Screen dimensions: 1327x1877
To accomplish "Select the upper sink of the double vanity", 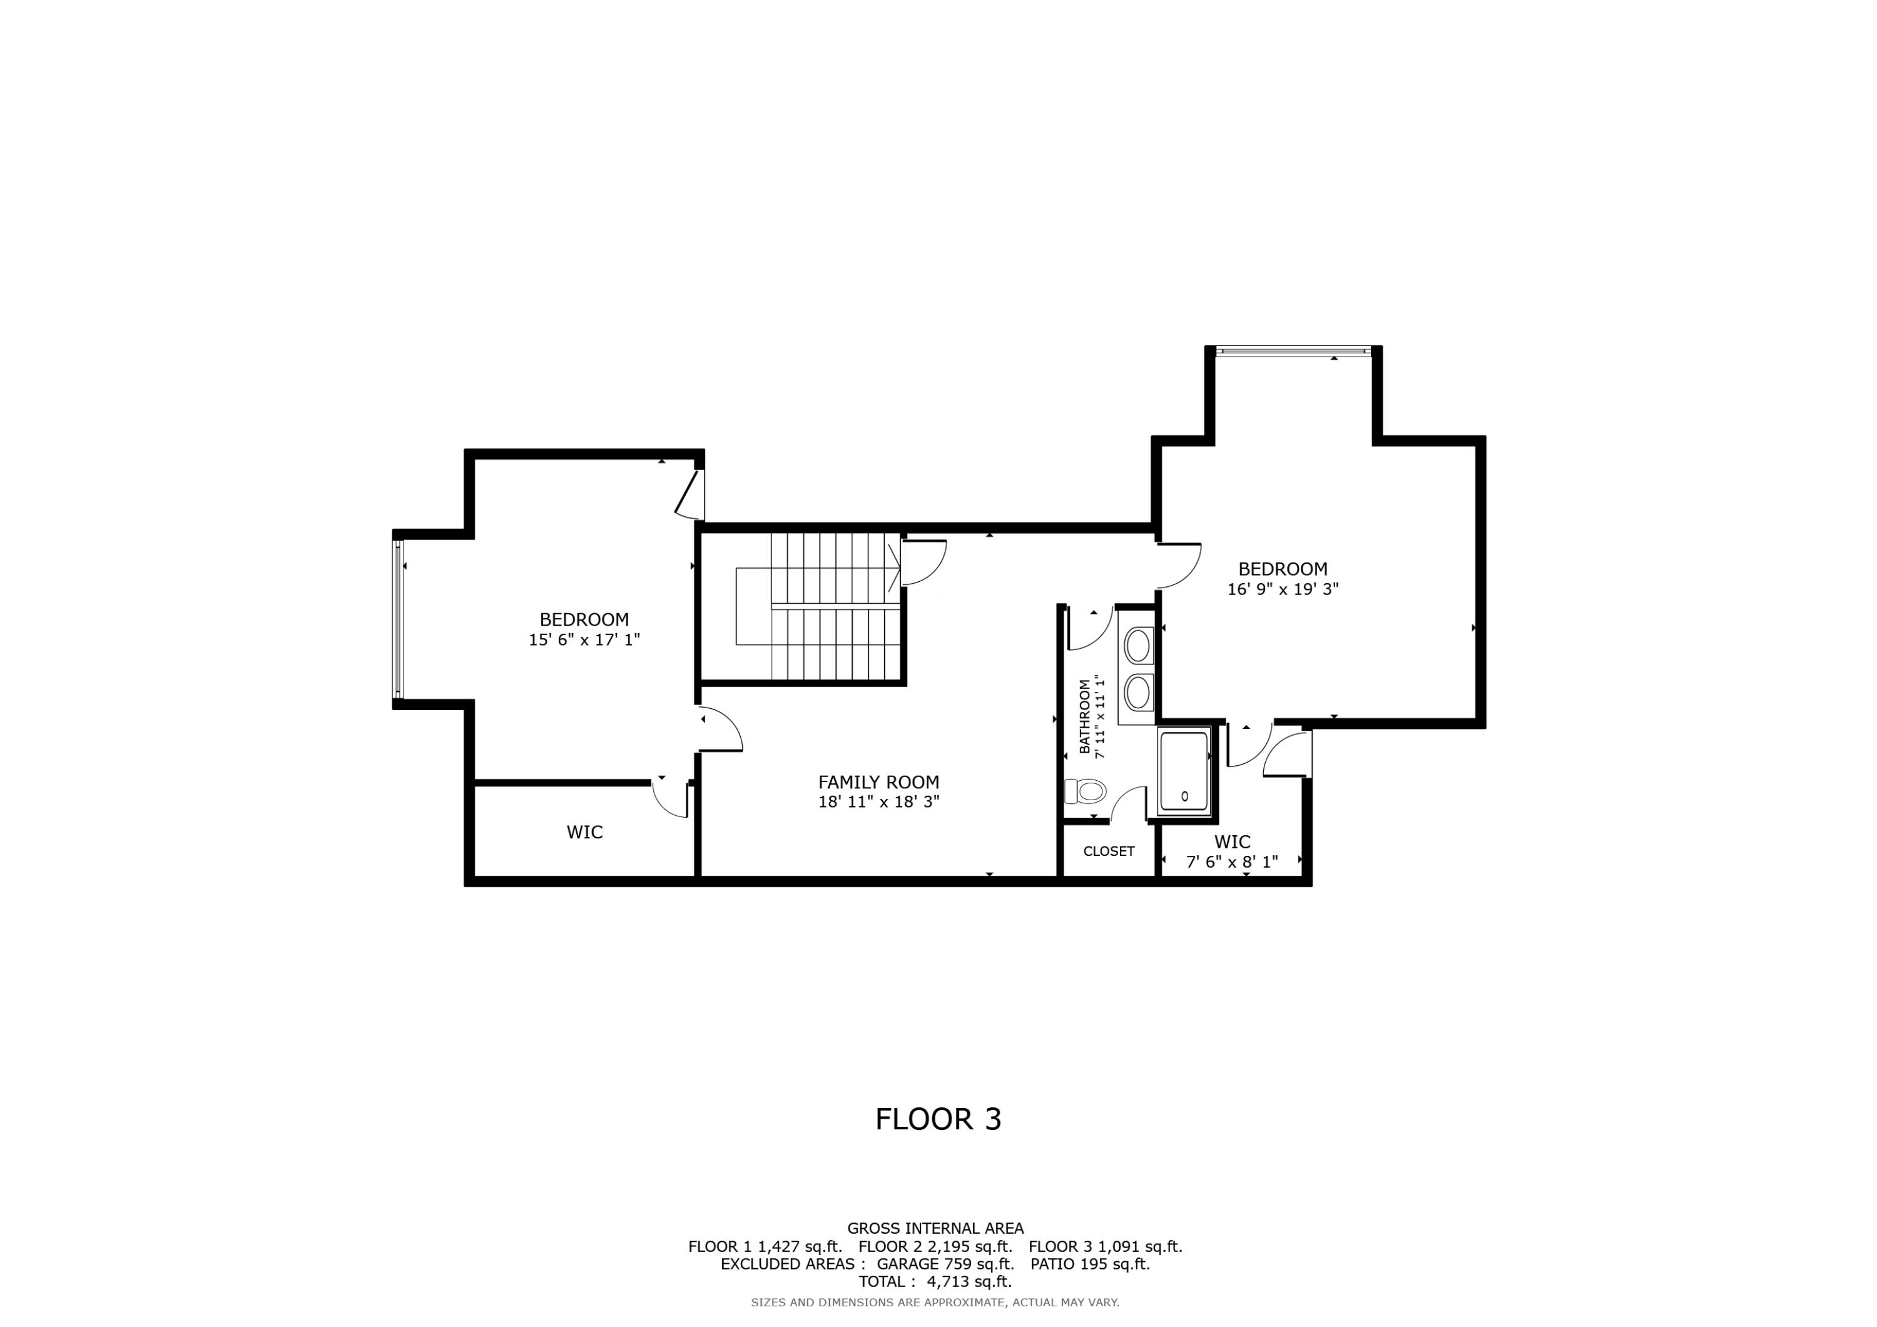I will click(x=1137, y=646).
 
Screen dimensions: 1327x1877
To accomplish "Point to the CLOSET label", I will click(x=1109, y=851).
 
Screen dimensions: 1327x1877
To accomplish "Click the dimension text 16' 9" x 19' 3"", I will click(x=1283, y=589).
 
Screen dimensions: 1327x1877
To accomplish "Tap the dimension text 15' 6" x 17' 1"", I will click(x=584, y=639).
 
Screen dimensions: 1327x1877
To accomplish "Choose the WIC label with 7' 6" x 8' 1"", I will click(x=1232, y=841).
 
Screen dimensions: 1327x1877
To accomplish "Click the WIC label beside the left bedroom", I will click(x=584, y=832).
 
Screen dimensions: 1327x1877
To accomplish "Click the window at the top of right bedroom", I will click(x=1293, y=351).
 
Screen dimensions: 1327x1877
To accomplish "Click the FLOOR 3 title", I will click(x=938, y=1119).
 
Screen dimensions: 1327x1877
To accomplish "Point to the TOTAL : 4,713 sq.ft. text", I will click(x=934, y=1281).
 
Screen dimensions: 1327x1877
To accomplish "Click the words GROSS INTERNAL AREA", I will click(x=935, y=1228).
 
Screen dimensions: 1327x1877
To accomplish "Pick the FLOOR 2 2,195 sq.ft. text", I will click(x=935, y=1247).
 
